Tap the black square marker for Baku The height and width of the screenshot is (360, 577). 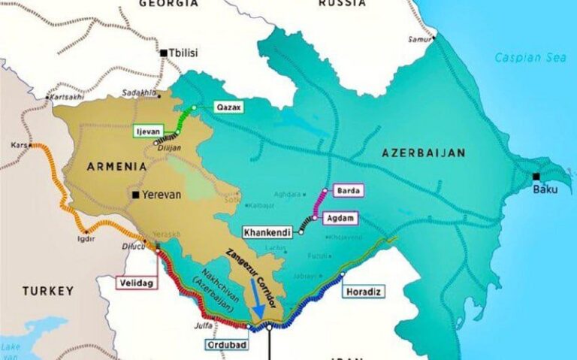click(x=536, y=177)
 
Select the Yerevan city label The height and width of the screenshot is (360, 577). click(x=161, y=194)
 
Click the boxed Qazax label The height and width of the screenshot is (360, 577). click(x=230, y=107)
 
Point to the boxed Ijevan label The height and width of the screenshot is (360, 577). click(x=148, y=132)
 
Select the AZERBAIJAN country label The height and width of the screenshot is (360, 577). click(x=424, y=153)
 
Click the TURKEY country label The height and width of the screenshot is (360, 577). click(x=47, y=290)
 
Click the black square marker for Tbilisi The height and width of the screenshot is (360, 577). click(x=163, y=53)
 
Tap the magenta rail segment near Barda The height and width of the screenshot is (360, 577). click(x=321, y=201)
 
